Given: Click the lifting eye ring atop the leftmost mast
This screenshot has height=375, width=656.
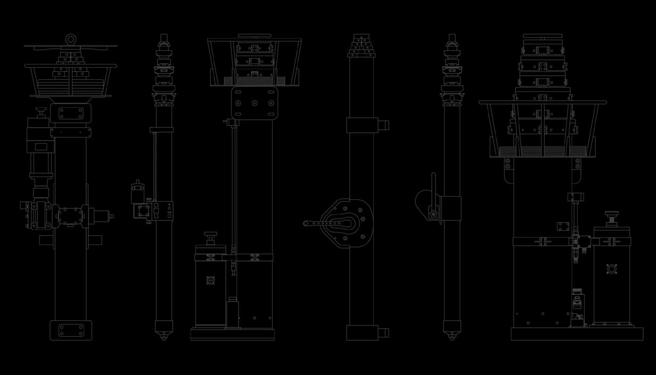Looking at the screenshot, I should pyautogui.click(x=71, y=39).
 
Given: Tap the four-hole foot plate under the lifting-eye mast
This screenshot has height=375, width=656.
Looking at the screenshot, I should pyautogui.click(x=71, y=330).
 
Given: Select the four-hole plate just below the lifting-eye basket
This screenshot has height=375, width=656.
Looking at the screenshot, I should pyautogui.click(x=71, y=113).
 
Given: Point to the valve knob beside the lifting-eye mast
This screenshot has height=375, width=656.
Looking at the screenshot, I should pyautogui.click(x=40, y=111).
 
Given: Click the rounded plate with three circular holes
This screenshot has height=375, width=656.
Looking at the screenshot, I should pyautogui.click(x=255, y=103).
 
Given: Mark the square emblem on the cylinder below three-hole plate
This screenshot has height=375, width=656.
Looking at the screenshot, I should pyautogui.click(x=210, y=280).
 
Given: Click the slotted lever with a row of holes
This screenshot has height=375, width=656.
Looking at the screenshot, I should pyautogui.click(x=322, y=224).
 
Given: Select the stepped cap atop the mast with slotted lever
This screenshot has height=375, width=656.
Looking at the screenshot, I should pyautogui.click(x=362, y=46).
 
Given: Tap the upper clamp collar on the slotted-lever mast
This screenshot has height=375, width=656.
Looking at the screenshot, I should pyautogui.click(x=362, y=125).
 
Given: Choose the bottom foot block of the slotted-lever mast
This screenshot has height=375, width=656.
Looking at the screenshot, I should pyautogui.click(x=362, y=333).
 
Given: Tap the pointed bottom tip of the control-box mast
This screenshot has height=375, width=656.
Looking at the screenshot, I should pyautogui.click(x=164, y=336).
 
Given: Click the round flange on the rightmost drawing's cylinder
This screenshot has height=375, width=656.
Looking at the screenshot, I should pyautogui.click(x=612, y=270).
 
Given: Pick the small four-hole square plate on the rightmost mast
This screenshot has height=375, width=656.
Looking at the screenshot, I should pyautogui.click(x=563, y=226).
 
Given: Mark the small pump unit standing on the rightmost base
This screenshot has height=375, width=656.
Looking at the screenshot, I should pyautogui.click(x=577, y=308).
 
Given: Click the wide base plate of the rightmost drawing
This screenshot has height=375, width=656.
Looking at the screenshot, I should pyautogui.click(x=577, y=334).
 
